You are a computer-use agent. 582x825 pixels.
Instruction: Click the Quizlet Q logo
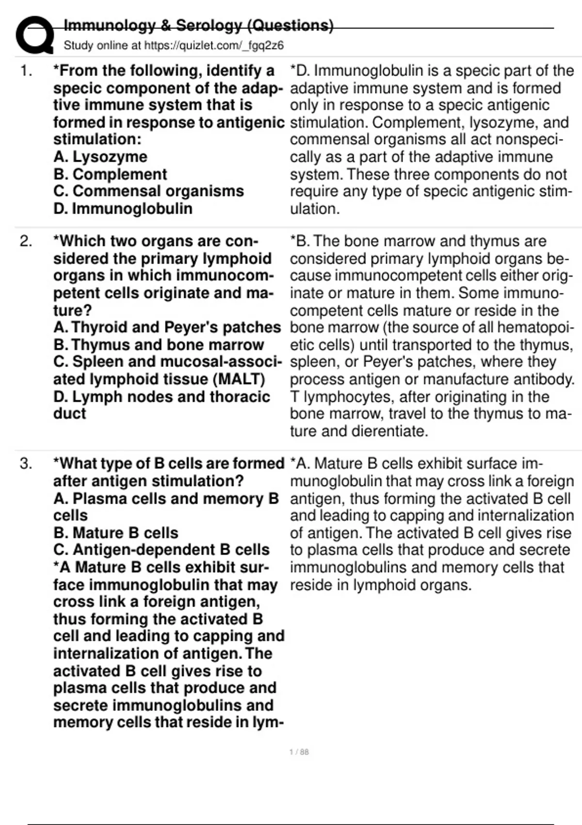(x=34, y=35)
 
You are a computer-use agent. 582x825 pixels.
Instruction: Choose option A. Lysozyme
(x=100, y=157)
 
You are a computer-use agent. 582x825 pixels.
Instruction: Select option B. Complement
(x=110, y=174)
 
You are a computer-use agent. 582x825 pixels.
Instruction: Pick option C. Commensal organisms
(x=148, y=191)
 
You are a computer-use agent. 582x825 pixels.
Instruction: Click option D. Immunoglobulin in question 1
(x=123, y=209)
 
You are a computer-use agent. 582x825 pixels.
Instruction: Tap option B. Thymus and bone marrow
(x=159, y=345)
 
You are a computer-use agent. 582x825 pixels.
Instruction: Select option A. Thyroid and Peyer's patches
(x=167, y=328)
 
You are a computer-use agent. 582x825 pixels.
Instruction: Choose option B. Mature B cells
(x=116, y=533)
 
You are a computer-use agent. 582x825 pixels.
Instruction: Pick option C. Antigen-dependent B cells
(x=161, y=550)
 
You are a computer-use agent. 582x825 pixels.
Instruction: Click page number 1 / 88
(x=299, y=752)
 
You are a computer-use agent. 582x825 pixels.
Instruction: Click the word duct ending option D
(x=69, y=413)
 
